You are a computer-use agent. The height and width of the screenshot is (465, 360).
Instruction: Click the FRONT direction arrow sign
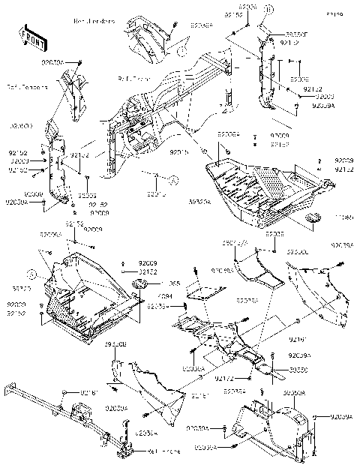pyautogui.click(x=30, y=37)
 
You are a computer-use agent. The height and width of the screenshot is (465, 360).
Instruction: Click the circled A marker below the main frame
pyautogui.click(x=173, y=180)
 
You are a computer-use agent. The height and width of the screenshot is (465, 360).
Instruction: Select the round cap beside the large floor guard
pyautogui.click(x=313, y=218)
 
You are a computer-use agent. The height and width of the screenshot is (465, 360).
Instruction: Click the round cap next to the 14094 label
pyautogui.click(x=140, y=284)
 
